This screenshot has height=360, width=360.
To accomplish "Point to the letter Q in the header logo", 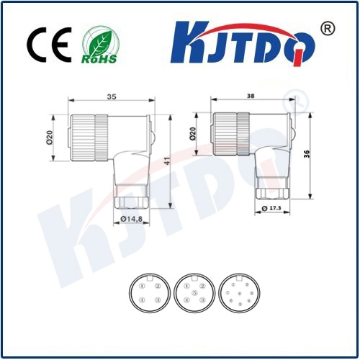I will pos(298,45).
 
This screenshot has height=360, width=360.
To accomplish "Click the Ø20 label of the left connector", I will pos(50,135).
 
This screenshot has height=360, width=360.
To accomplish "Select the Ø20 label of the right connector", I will pos(193,133).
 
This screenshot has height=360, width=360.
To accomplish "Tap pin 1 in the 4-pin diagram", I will pos(142,287).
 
